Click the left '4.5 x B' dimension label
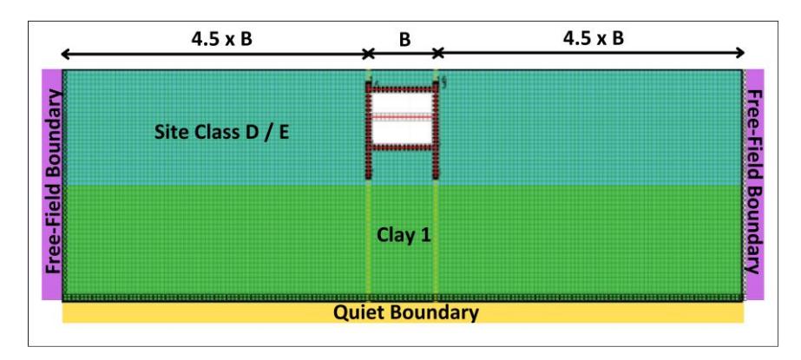coord(221,39)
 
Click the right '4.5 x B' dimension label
coord(593,39)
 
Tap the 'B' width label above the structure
coord(404,40)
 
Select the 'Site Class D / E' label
coord(221,133)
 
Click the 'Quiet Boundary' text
coord(406,312)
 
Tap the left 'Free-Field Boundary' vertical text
coord(54,183)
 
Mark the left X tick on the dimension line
coord(368,53)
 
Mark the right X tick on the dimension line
coord(437,53)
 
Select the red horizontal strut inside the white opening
coord(402,117)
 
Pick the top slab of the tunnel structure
coord(402,88)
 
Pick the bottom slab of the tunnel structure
coord(402,147)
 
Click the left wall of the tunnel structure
coord(368,130)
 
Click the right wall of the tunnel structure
coord(436,130)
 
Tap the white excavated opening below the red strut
coord(402,131)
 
